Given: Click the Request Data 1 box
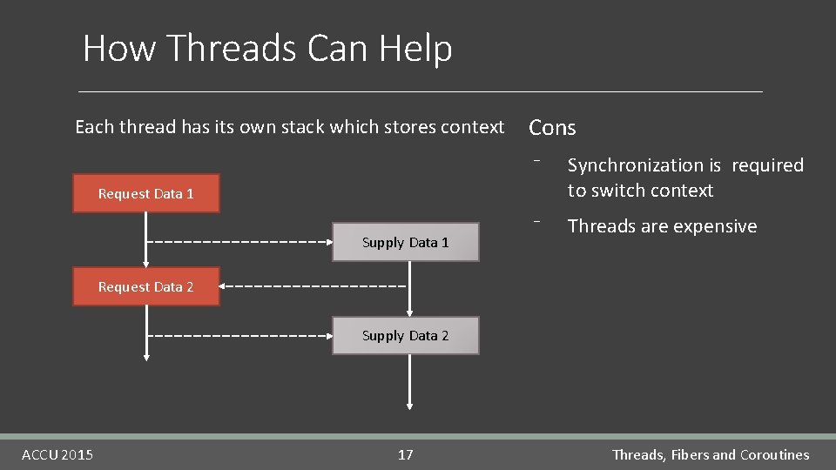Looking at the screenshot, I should coord(145,193).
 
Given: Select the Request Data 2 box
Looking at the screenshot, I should coord(145,286).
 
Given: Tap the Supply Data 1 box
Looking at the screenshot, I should coord(405,242).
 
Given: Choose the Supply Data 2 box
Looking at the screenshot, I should coord(405,335).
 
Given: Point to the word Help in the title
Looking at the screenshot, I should coord(415,48).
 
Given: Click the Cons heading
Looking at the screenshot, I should coord(552,128).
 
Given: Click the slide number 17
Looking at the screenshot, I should coord(406,454).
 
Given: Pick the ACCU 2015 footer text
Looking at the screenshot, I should coord(57,454).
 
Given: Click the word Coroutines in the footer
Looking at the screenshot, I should coord(774,454).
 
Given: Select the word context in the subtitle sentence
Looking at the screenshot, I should coord(473,127).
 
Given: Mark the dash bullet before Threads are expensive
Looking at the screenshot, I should coord(540,220).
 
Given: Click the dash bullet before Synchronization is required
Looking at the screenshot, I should coord(540,159).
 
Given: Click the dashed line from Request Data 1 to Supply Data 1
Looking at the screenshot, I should coord(235,241).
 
